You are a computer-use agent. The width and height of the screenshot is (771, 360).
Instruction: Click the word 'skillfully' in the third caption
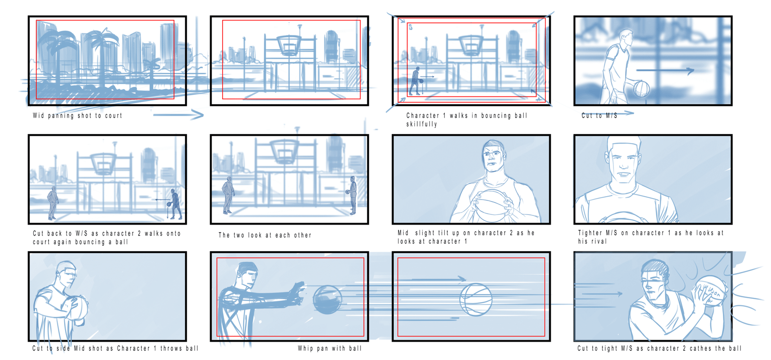pos(422,124)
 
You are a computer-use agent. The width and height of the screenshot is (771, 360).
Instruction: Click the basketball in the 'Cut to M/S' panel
pos(641,89)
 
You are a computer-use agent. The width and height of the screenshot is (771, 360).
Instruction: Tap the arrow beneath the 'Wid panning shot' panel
pos(178,115)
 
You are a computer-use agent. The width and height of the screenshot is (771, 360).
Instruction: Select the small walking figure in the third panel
pos(415,81)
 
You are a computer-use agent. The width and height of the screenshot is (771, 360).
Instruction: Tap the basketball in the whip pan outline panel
pos(476,299)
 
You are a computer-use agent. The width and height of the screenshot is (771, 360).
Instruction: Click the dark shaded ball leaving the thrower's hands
pos(327,299)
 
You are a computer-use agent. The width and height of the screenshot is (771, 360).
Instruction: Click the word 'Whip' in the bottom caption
pos(306,348)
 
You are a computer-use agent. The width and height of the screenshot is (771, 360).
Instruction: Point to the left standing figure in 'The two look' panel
pos(227,196)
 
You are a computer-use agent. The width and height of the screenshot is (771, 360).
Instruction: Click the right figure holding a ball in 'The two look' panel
pos(352,196)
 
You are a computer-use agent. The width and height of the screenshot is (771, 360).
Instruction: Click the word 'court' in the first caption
pos(114,116)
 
